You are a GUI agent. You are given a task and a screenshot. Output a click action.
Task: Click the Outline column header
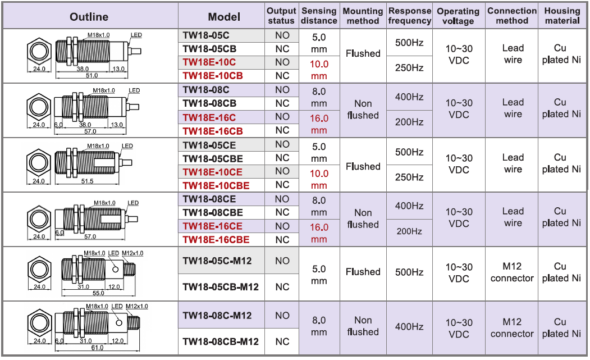[89, 16]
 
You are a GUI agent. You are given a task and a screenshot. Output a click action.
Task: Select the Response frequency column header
[409, 16]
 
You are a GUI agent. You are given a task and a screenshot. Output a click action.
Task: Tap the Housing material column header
[562, 16]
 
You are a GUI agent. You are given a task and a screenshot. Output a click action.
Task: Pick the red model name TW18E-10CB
[213, 76]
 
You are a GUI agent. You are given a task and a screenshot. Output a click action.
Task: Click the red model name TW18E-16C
[209, 117]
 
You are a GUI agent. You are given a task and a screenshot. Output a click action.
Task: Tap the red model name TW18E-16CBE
[216, 240]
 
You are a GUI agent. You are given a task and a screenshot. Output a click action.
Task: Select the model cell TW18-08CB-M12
[221, 341]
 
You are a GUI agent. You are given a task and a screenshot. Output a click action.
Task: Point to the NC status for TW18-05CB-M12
[282, 287]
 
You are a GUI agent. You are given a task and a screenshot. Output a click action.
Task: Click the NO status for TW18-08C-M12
[282, 316]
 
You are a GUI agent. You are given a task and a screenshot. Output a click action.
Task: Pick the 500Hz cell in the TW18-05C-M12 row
[409, 272]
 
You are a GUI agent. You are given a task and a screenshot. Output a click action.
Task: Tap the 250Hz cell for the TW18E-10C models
[409, 67]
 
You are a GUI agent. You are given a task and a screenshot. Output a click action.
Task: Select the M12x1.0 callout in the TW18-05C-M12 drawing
[132, 253]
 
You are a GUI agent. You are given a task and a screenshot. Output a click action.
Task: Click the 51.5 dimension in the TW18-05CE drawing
[87, 181]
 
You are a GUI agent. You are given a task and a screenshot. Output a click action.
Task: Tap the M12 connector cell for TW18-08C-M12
[512, 328]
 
